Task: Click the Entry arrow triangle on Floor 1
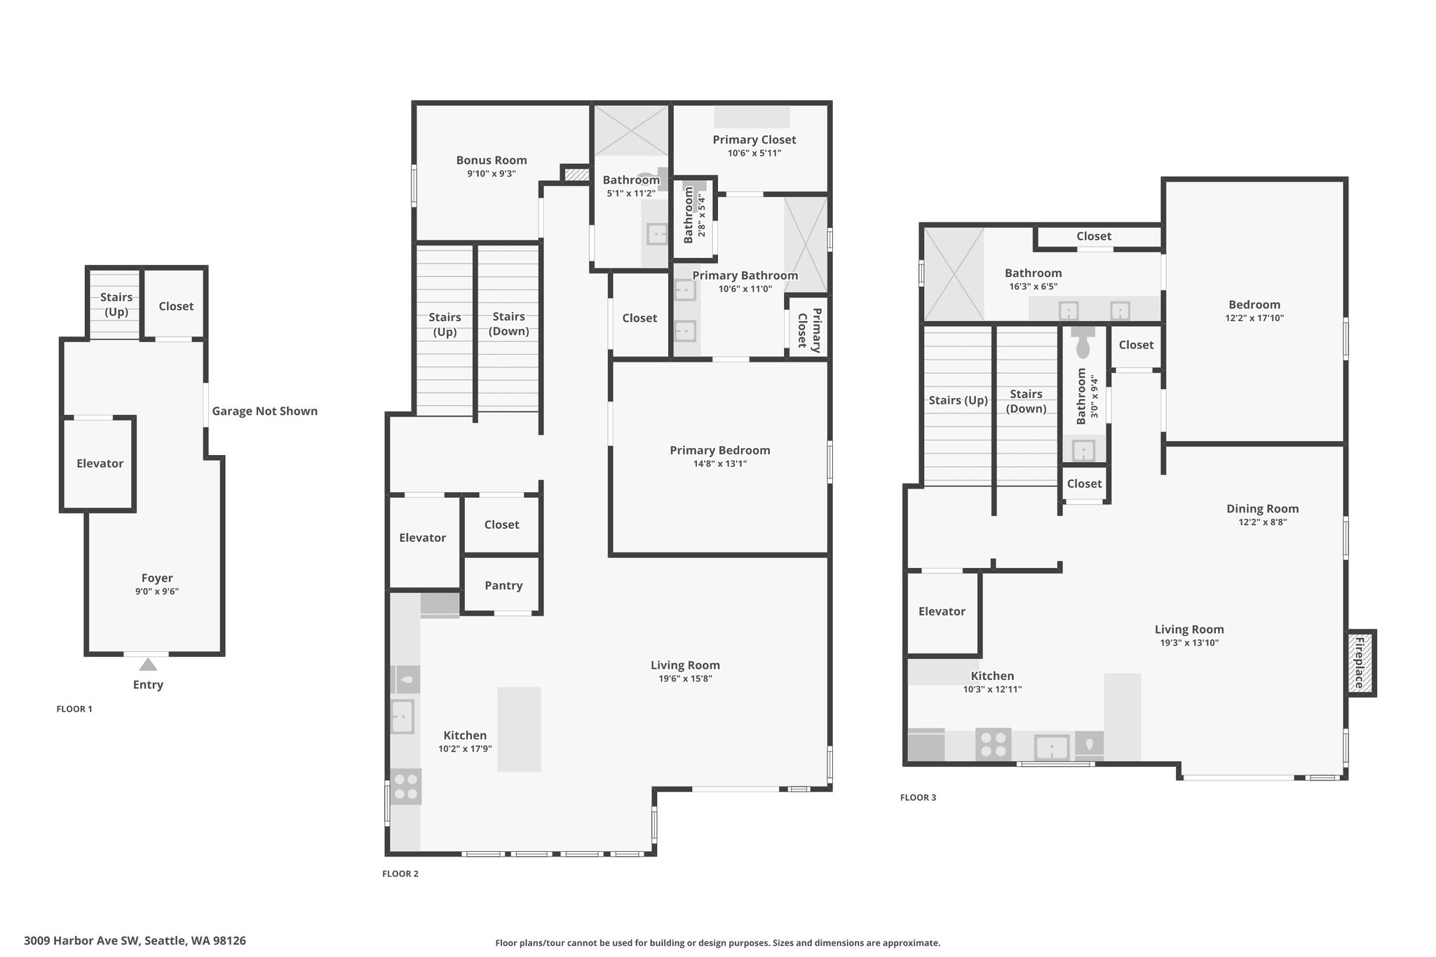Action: coord(148,665)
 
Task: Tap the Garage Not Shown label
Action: coord(265,412)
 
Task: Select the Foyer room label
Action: coord(157,578)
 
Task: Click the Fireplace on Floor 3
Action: coord(1360,663)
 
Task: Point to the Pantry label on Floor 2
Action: coord(503,585)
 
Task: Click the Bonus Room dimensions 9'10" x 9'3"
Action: coord(492,174)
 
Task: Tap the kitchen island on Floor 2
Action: coord(519,729)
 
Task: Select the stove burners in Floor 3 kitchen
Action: coord(994,745)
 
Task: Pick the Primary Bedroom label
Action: coord(719,451)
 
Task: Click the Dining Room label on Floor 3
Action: coord(1262,509)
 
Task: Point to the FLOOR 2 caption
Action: coord(400,874)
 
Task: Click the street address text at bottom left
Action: coord(135,941)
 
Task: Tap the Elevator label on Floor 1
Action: coord(100,463)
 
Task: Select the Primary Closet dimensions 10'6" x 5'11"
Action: coord(754,153)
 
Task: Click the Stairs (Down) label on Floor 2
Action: coord(508,324)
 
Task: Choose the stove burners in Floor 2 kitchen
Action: coord(406,787)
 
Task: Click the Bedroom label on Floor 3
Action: coord(1254,305)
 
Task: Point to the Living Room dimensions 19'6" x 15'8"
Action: coord(685,679)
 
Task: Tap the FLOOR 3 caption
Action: coord(918,797)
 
